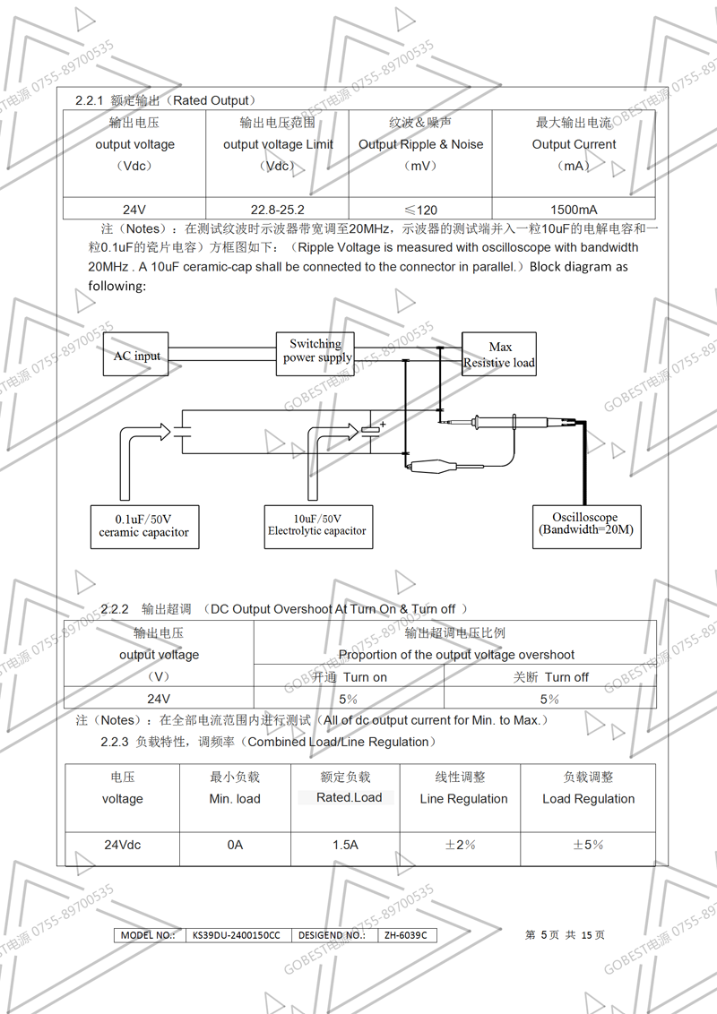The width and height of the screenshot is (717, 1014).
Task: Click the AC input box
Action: click(x=136, y=356)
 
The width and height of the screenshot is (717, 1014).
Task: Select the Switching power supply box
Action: click(x=315, y=351)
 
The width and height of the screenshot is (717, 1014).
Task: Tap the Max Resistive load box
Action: click(x=499, y=355)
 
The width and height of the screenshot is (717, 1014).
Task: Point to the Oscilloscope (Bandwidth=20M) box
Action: click(x=585, y=523)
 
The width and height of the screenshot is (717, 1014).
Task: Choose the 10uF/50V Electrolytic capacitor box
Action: click(x=316, y=525)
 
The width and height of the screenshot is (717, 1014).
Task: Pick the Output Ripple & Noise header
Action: click(x=420, y=144)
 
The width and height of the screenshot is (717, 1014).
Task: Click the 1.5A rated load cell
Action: click(x=345, y=845)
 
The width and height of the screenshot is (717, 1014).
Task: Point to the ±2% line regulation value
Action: click(x=460, y=845)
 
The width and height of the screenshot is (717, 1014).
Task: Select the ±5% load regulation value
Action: click(x=587, y=845)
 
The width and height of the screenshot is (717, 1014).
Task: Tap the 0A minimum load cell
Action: click(x=235, y=845)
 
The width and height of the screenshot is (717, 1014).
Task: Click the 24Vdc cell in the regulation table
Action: click(x=123, y=845)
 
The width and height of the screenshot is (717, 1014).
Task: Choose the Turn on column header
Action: click(x=350, y=677)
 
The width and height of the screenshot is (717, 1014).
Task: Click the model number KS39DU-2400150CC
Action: click(x=237, y=935)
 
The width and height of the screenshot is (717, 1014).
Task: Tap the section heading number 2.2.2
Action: click(x=116, y=609)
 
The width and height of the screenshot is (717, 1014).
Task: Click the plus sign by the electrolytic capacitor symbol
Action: click(x=383, y=425)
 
